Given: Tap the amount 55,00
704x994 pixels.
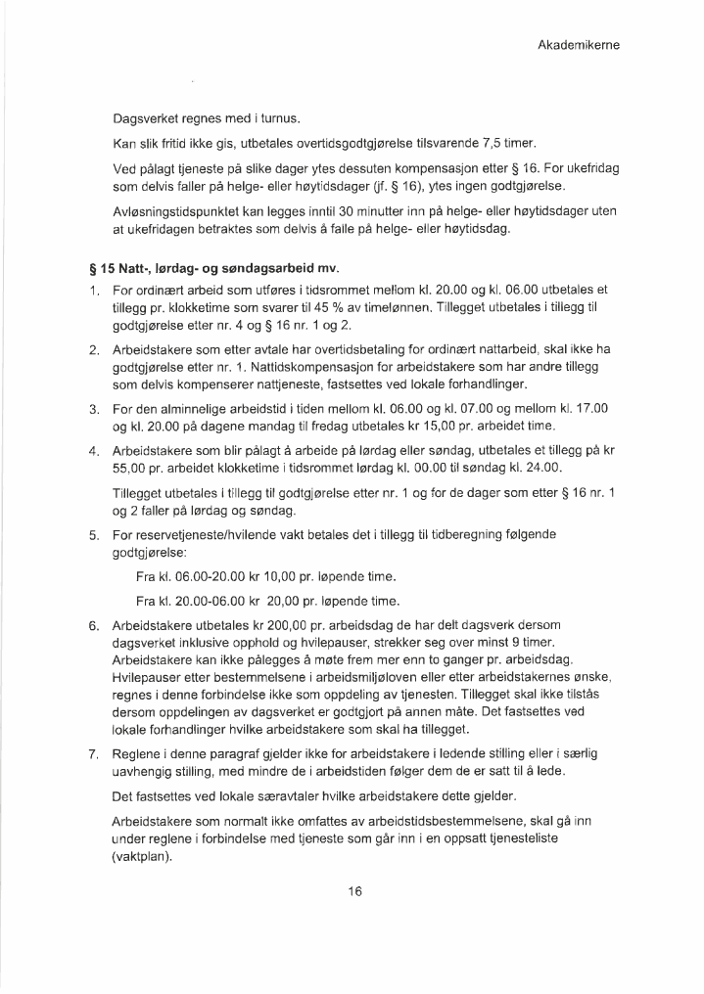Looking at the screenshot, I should pos(131,469).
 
